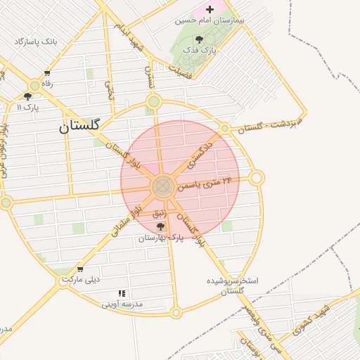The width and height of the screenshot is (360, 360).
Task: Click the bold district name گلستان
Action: click(x=80, y=126)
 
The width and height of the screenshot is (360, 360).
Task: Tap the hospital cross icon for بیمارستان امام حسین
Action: click(x=209, y=10)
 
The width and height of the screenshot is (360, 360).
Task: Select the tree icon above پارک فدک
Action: click(x=200, y=39)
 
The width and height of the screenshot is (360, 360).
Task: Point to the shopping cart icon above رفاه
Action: click(x=47, y=73)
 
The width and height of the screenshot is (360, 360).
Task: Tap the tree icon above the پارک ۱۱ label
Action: click(x=27, y=96)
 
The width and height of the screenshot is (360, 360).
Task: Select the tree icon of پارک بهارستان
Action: click(x=161, y=226)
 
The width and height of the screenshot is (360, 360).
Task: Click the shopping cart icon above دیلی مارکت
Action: click(x=80, y=269)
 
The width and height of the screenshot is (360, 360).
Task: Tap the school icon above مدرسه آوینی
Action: click(x=122, y=293)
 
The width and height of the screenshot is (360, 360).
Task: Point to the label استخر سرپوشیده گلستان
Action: click(x=232, y=285)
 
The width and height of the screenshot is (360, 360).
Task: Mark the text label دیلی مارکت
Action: click(x=81, y=279)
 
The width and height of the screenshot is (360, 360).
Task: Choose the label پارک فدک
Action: click(x=200, y=51)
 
